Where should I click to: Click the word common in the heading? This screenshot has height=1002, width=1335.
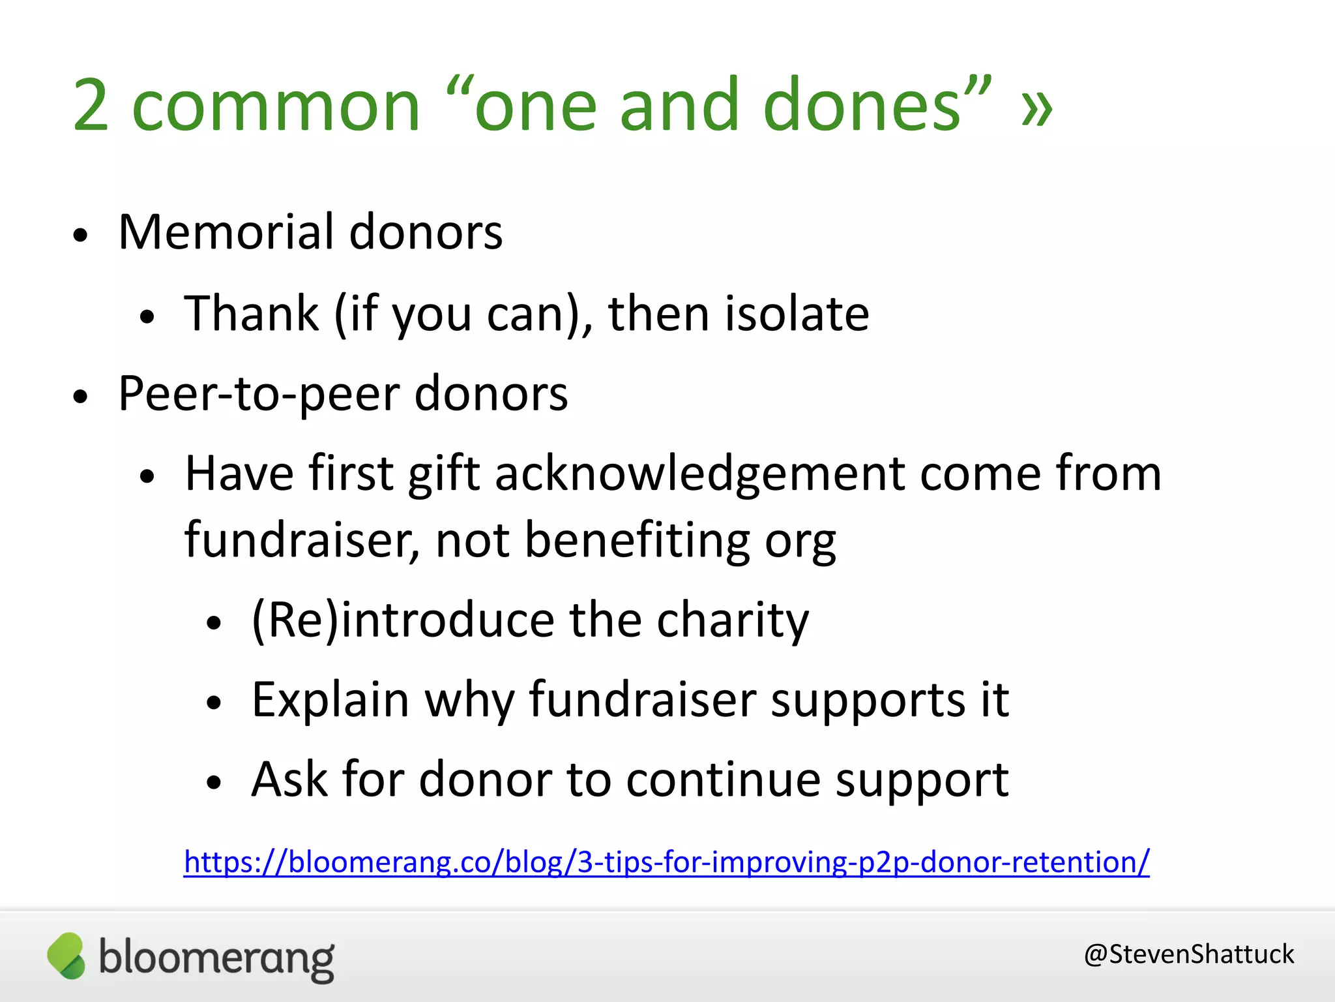pyautogui.click(x=276, y=108)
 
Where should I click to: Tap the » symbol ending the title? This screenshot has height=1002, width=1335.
pyautogui.click(x=1036, y=108)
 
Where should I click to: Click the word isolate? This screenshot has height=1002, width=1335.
pyautogui.click(x=797, y=314)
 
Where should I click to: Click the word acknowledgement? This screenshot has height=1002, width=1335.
pyautogui.click(x=699, y=475)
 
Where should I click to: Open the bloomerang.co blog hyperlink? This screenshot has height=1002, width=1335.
pyautogui.click(x=666, y=862)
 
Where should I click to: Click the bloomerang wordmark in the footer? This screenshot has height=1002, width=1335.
pyautogui.click(x=216, y=959)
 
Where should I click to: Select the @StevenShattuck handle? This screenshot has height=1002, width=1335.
pyautogui.click(x=1188, y=954)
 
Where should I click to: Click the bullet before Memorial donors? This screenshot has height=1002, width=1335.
pyautogui.click(x=80, y=235)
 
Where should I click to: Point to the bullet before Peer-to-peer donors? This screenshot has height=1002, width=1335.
pyautogui.click(x=80, y=397)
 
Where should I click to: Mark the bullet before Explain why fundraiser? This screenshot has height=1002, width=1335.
pyautogui.click(x=214, y=703)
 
